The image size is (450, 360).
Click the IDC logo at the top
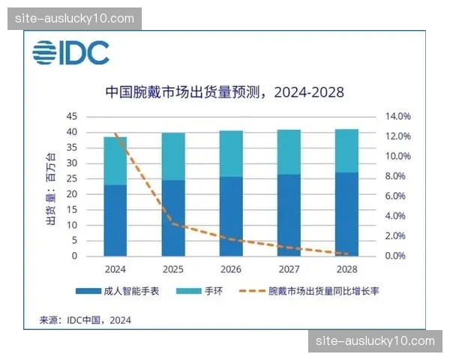(x=70, y=52)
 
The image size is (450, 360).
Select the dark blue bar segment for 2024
(x=115, y=220)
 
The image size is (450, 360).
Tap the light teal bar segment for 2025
(x=173, y=156)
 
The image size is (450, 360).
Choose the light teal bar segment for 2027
(x=289, y=151)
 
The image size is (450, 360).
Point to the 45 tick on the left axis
(x=72, y=117)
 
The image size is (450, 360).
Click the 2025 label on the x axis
(x=173, y=268)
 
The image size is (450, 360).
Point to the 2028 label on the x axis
(x=346, y=268)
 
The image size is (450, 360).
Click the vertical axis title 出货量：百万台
(x=51, y=187)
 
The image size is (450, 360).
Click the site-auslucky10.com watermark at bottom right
(x=375, y=341)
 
